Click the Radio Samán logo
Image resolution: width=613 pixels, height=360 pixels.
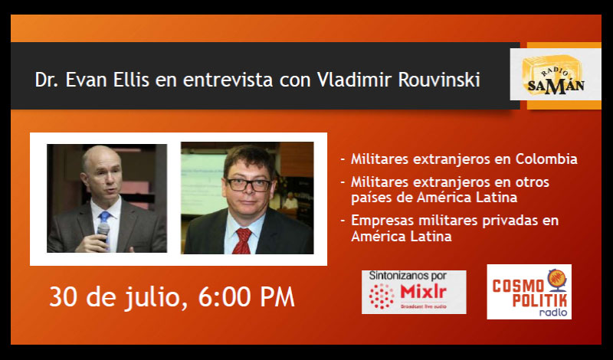[x=555, y=74]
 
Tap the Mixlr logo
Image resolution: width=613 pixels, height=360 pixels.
[x=414, y=292]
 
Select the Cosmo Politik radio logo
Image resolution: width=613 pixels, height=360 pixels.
[x=529, y=292]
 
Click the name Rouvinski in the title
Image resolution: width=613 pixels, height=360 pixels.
[x=439, y=80]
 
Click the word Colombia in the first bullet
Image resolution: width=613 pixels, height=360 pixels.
[x=546, y=159]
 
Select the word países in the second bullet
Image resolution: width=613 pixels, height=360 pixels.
[x=371, y=198]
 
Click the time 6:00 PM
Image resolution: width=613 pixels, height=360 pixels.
[x=246, y=297]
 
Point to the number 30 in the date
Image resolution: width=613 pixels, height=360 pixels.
[x=64, y=297]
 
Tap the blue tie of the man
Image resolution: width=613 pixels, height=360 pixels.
[x=104, y=220]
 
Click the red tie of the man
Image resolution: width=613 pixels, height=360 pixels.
[x=242, y=241]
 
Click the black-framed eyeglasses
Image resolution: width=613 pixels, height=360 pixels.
[x=248, y=185]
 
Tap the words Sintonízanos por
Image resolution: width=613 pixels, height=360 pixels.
[x=408, y=276]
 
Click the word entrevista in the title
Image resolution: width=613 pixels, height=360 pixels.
[x=228, y=80]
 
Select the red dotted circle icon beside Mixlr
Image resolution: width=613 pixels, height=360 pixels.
[x=382, y=296]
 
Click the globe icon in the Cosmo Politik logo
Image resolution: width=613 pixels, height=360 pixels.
[x=557, y=279]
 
